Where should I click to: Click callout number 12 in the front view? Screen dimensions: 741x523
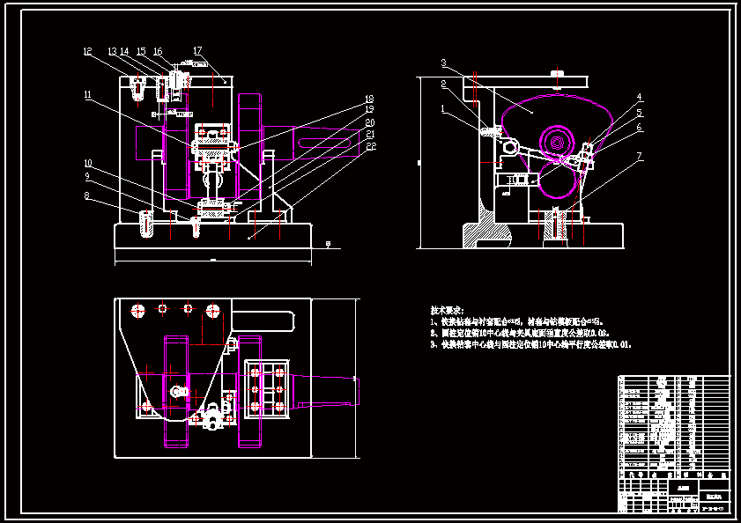coord(87,52)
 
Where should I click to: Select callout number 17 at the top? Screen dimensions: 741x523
coord(197,51)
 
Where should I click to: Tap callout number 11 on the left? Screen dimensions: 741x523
coord(88,94)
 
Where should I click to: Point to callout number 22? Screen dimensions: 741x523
coord(370,144)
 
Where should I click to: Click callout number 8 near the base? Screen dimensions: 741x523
coord(88,195)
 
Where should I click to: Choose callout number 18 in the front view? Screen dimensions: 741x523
coord(370,99)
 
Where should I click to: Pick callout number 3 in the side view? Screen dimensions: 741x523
coord(445,63)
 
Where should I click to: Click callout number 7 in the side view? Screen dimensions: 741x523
coord(641,157)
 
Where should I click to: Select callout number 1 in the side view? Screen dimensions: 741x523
coord(445,109)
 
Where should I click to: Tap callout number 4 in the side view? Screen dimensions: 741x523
coord(641,98)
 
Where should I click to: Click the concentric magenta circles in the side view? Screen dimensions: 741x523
coord(555,142)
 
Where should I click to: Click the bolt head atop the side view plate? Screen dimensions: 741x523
coord(556,71)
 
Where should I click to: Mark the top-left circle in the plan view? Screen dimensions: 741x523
coord(137,310)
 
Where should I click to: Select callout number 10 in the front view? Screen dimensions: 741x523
coord(88,163)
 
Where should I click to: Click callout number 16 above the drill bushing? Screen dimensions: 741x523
coord(158,52)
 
